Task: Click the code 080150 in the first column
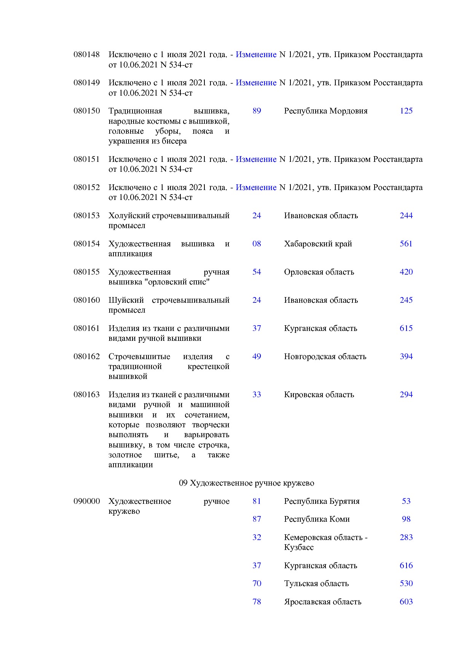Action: pyautogui.click(x=86, y=111)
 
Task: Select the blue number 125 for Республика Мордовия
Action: pyautogui.click(x=406, y=111)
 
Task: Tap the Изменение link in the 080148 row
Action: pyautogui.click(x=256, y=54)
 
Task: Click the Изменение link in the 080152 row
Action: pyautogui.click(x=256, y=187)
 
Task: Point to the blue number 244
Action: pyautogui.click(x=406, y=216)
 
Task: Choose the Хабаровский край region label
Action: pyautogui.click(x=318, y=244)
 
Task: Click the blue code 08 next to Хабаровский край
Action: pyautogui.click(x=257, y=244)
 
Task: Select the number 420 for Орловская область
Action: pyautogui.click(x=406, y=272)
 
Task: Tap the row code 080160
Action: pyautogui.click(x=86, y=300)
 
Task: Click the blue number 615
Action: pyautogui.click(x=406, y=328)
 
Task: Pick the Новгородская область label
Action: pyautogui.click(x=325, y=356)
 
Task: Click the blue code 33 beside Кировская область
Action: pyautogui.click(x=257, y=395)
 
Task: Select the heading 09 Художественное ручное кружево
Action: pyautogui.click(x=246, y=483)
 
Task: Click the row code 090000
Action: pyautogui.click(x=86, y=501)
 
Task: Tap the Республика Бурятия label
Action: pyautogui.click(x=321, y=501)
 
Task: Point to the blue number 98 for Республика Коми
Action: pyautogui.click(x=406, y=519)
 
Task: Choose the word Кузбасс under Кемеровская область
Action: pyautogui.click(x=299, y=547)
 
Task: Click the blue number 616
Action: pyautogui.click(x=406, y=566)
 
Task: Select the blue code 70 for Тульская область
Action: pyautogui.click(x=257, y=583)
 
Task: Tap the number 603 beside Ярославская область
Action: pyautogui.click(x=406, y=602)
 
